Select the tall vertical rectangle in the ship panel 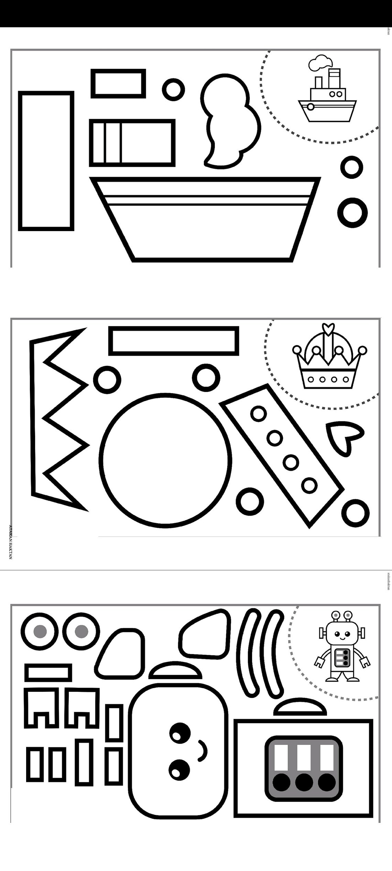coord(46,161)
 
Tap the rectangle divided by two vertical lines coord(132,143)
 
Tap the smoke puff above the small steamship coord(321,62)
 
